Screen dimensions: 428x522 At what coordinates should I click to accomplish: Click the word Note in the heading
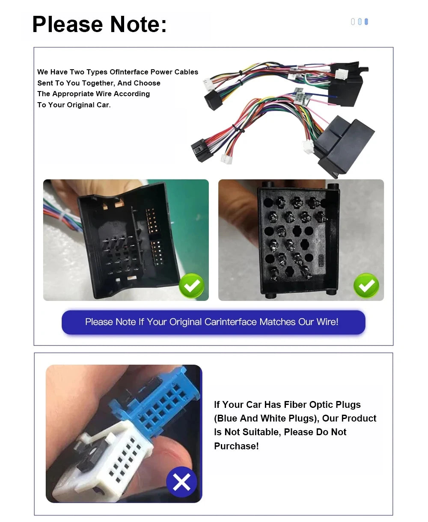click(x=138, y=24)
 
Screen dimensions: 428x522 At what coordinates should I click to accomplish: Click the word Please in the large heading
click(x=67, y=24)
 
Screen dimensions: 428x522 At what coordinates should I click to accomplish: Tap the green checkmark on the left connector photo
click(x=191, y=286)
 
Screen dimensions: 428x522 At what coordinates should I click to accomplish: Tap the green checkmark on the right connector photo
click(x=366, y=286)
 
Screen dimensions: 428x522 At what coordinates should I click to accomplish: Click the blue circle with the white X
click(x=181, y=482)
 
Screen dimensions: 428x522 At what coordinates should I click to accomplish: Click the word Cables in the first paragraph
click(x=186, y=72)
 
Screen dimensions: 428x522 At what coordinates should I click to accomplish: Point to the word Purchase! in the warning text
click(x=236, y=446)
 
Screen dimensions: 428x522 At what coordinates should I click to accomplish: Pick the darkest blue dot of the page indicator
click(x=366, y=22)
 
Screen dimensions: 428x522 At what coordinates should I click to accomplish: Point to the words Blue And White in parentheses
click(x=264, y=418)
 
